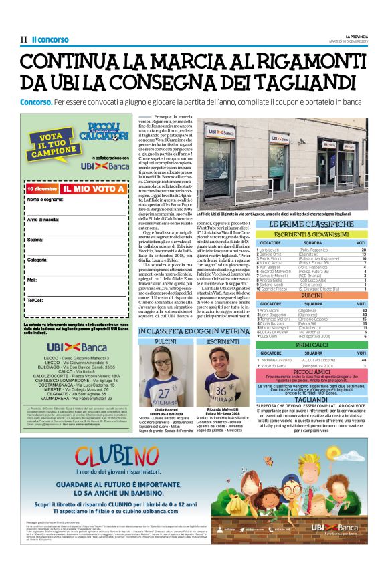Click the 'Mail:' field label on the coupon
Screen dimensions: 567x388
[31, 280]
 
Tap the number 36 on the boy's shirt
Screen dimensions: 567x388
[221, 389]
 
